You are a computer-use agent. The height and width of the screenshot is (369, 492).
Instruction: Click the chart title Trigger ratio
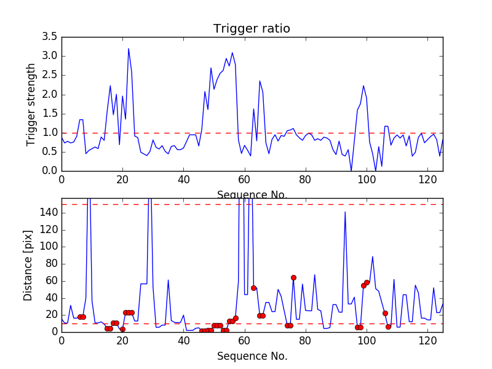[252, 29]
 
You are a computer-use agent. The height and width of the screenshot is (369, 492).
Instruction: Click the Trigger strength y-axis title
[31, 104]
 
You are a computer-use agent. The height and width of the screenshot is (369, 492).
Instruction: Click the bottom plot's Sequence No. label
[252, 356]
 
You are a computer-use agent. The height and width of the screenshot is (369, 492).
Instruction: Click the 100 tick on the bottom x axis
[367, 340]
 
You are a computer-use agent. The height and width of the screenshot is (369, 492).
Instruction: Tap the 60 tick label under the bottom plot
[245, 340]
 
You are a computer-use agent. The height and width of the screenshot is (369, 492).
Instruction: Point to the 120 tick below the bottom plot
[427, 340]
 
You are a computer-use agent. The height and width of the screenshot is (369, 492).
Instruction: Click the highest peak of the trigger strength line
[129, 49]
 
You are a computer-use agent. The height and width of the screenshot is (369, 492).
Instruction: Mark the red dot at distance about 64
[293, 277]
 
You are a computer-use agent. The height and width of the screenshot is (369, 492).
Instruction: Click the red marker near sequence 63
[253, 288]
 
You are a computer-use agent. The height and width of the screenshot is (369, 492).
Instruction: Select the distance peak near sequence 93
[345, 212]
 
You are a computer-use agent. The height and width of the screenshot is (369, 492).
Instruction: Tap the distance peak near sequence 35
[168, 280]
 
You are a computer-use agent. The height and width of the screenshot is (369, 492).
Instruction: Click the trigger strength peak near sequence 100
[363, 85]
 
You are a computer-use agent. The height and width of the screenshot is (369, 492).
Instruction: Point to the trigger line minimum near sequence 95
[351, 170]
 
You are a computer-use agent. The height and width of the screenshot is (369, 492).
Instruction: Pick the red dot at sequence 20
[122, 329]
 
